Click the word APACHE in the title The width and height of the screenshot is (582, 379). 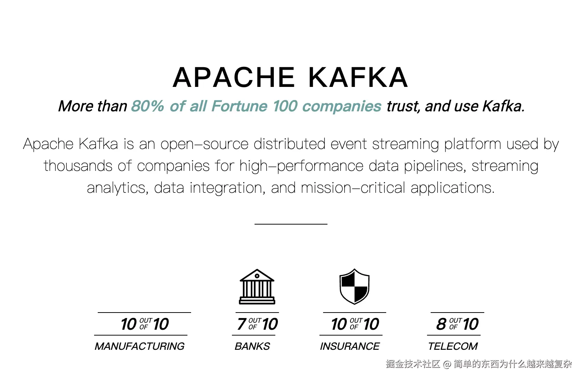[234, 78]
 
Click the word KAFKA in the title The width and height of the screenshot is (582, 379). [358, 78]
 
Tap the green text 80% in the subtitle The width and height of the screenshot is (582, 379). [147, 106]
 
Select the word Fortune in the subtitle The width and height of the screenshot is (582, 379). [240, 106]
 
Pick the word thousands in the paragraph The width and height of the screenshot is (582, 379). [78, 166]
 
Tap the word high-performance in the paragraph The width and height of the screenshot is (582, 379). [301, 166]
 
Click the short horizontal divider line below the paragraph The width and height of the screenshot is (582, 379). [291, 224]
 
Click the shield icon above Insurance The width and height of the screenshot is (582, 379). [354, 287]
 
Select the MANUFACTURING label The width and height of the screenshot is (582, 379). [140, 346]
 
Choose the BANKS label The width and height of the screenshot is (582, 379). [252, 346]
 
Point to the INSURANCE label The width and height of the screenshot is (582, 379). [350, 346]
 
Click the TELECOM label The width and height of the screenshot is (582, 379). [453, 346]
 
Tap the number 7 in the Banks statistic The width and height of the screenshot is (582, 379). [241, 324]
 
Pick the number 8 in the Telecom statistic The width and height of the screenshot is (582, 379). [441, 324]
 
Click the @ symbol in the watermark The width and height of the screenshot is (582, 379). [447, 364]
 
